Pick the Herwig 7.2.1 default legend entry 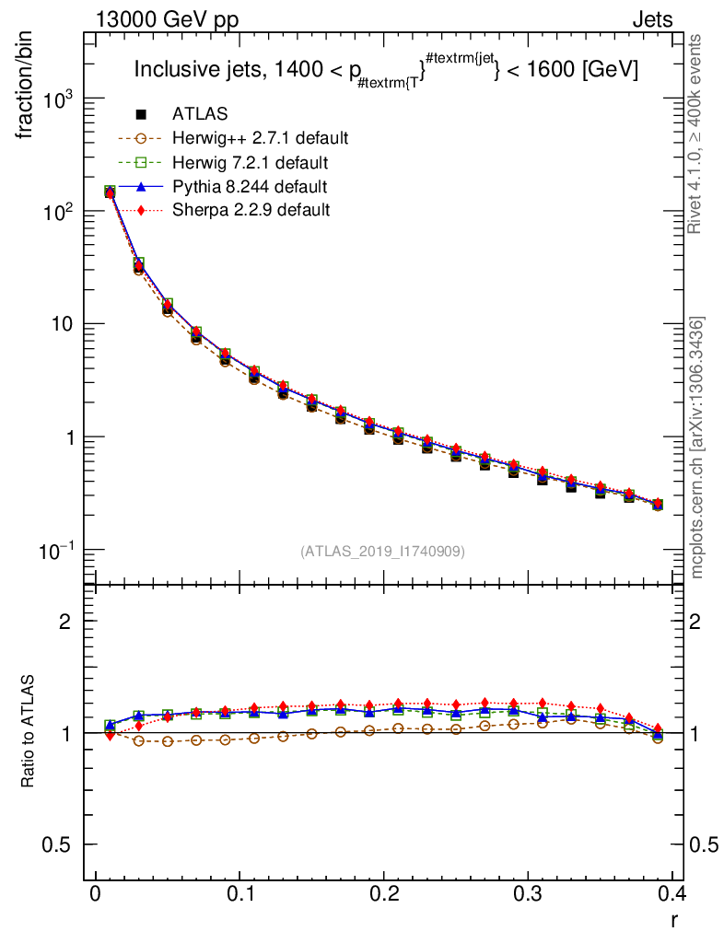point(250,163)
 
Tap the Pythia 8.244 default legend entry point(250,187)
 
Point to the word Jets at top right point(652,19)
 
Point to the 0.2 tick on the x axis point(384,894)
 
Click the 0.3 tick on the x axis point(529,894)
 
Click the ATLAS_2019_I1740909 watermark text point(382,551)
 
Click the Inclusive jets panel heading point(386,70)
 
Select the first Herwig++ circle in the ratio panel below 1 point(139,740)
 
